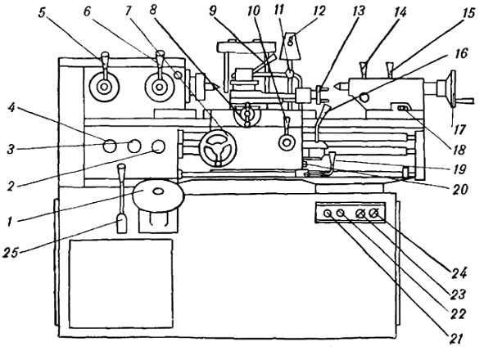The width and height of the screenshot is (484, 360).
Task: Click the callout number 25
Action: [11, 253]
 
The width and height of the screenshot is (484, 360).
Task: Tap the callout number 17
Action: [459, 129]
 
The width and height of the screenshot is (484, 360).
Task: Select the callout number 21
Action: [456, 339]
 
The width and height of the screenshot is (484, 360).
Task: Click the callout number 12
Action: [319, 11]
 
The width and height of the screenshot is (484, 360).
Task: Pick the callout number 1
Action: [10, 221]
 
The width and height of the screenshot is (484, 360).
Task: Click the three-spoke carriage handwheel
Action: [218, 148]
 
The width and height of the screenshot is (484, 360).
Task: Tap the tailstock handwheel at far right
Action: [453, 88]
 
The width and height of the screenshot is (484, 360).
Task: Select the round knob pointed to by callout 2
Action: [159, 146]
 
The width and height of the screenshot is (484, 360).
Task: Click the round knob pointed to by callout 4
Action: [109, 146]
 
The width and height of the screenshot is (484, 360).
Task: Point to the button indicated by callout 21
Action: [327, 213]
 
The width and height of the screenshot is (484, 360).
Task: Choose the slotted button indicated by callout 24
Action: [374, 213]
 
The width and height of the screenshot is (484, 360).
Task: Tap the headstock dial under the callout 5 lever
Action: [104, 88]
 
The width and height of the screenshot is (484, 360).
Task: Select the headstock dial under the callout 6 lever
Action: [159, 88]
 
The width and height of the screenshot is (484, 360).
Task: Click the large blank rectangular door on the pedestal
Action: [121, 283]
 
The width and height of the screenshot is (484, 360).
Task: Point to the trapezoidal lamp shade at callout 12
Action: [290, 46]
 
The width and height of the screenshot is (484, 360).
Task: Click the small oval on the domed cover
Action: [158, 191]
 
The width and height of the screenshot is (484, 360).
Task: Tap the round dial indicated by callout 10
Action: [287, 142]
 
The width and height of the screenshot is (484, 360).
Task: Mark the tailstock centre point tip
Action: [334, 84]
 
